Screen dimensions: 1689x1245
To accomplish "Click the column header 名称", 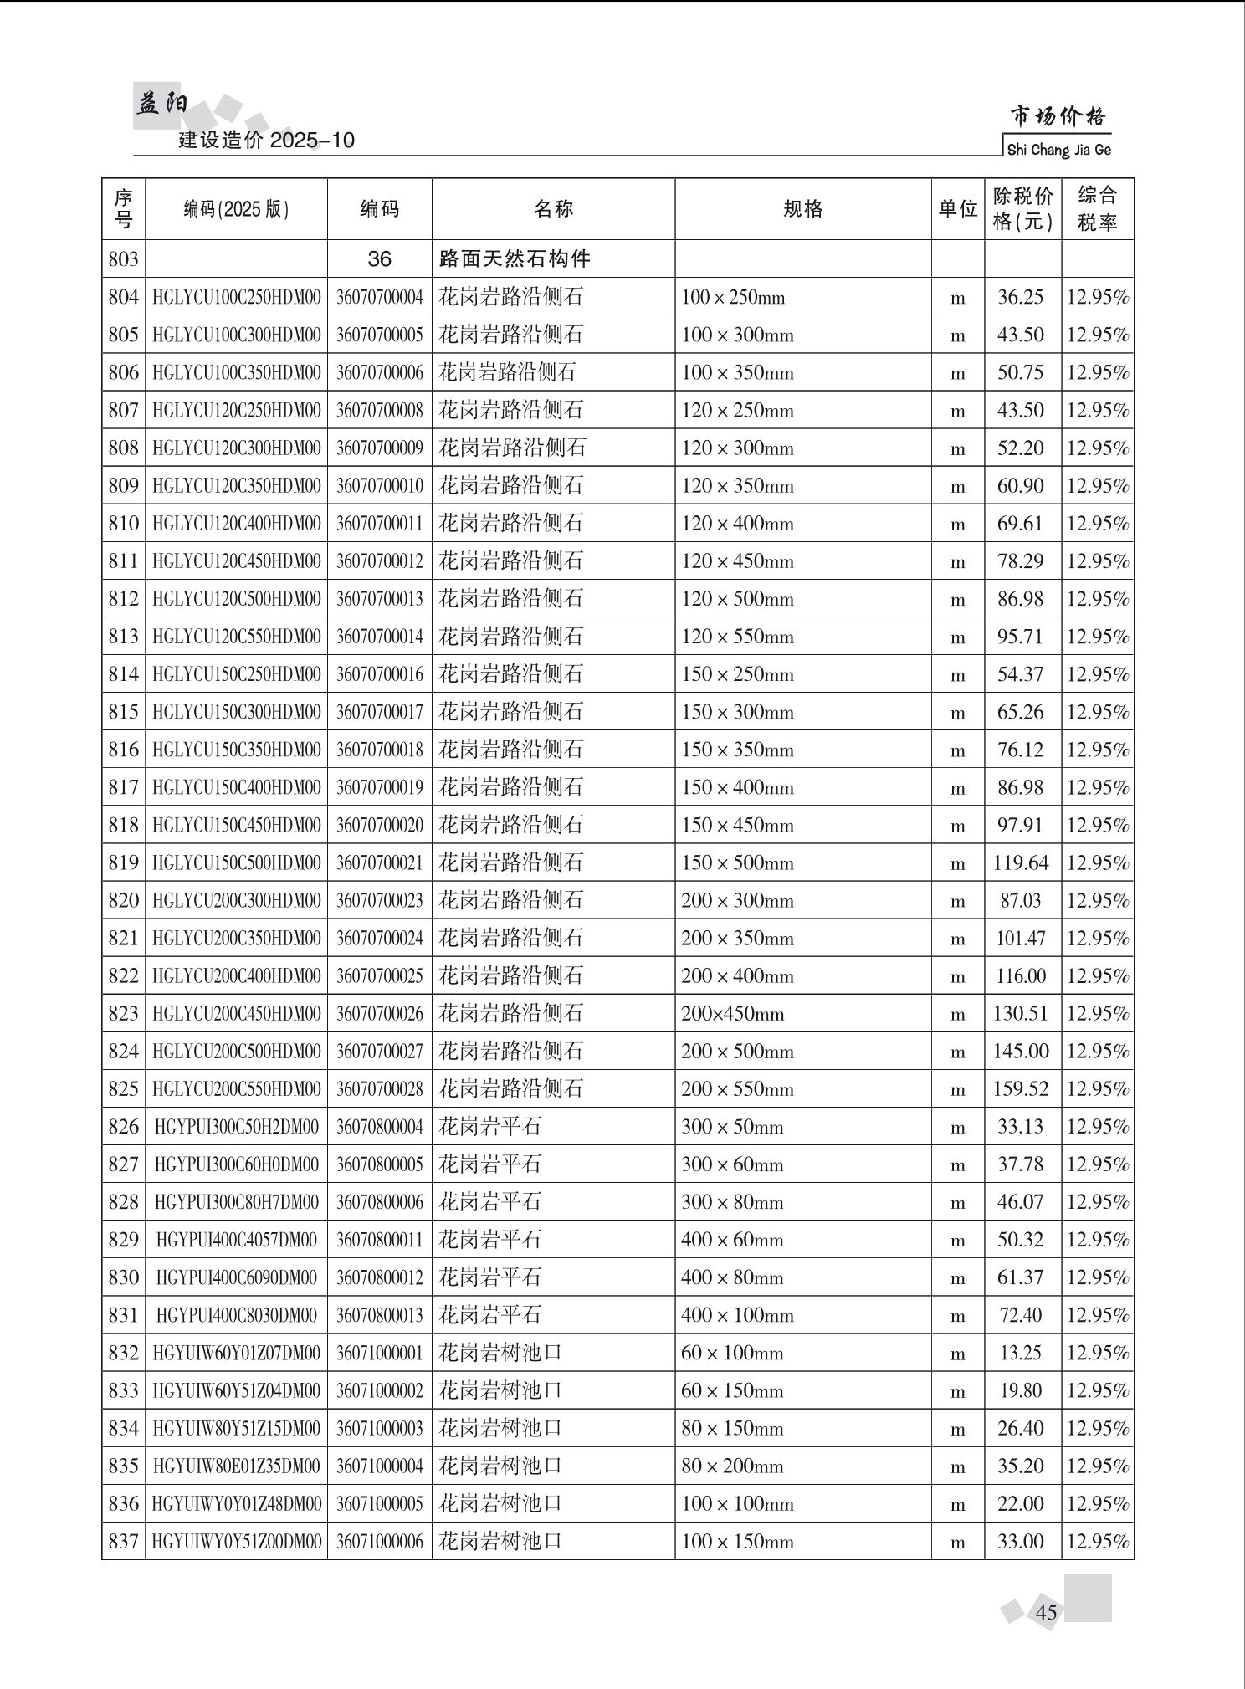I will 553,209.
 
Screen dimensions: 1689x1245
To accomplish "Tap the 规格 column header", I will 802,209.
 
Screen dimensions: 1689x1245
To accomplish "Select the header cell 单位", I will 957,209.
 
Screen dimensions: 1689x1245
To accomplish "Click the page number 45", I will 1046,1611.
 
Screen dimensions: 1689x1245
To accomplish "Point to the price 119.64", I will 1021,862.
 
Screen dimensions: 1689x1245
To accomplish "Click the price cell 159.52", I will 1021,1088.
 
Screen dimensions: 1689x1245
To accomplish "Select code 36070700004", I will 380,297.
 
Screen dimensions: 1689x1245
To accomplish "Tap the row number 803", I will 123,259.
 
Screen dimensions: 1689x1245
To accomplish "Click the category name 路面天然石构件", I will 515,259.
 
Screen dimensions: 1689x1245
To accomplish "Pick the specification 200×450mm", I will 733,1014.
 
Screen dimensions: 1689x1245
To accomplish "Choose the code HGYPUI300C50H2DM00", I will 237,1127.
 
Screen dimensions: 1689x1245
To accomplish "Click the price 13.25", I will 1021,1353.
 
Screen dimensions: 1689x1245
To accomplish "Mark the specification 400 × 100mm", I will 737,1315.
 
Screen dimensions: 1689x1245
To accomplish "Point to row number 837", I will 123,1541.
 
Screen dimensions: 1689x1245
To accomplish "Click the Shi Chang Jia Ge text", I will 1058,150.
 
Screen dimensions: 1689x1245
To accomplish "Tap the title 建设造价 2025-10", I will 267,140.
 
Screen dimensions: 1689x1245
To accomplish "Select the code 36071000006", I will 380,1541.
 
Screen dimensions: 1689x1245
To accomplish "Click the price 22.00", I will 1021,1503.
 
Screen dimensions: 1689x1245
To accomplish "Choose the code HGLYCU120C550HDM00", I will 237,637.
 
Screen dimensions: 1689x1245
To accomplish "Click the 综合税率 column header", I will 1097,209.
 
